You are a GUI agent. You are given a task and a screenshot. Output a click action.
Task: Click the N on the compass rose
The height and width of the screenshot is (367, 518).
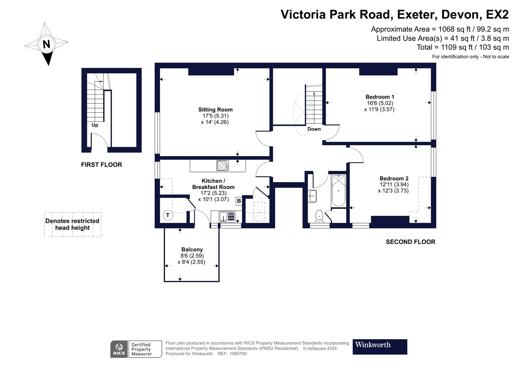(46, 44)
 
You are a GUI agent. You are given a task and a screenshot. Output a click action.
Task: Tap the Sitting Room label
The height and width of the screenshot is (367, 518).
(215, 110)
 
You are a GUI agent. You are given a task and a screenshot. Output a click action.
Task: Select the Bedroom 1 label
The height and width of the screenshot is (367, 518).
(380, 97)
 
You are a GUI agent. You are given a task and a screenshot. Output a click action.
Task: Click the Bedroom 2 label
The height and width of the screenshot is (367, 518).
(394, 179)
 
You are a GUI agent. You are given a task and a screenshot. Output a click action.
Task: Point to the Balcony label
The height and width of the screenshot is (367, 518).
(192, 250)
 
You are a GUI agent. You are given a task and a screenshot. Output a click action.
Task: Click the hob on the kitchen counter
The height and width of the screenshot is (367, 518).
(222, 165)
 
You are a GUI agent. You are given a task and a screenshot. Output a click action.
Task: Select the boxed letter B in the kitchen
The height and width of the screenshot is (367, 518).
(239, 201)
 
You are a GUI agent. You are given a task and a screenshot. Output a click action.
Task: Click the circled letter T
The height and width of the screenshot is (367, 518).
(168, 215)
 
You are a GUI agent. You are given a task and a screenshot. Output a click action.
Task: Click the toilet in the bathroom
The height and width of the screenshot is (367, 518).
(319, 216)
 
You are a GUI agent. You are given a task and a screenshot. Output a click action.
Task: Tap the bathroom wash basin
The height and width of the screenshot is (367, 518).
(312, 196)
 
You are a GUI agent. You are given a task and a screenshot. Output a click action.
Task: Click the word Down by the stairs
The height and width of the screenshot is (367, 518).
(314, 129)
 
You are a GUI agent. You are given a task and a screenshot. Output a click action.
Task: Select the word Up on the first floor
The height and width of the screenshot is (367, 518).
(95, 125)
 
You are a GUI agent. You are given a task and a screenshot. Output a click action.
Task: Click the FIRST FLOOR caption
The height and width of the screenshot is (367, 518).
(101, 165)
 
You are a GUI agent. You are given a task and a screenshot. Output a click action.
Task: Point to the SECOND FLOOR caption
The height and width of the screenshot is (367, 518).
(410, 242)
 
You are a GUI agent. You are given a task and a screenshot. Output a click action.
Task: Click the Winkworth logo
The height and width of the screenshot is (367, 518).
(380, 347)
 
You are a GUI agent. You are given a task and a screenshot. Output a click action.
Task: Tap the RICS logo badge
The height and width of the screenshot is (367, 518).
(119, 349)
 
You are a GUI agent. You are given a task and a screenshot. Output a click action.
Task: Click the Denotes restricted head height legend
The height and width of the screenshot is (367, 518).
(73, 224)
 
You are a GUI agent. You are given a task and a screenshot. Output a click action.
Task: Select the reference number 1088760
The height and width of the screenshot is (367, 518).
(238, 354)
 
